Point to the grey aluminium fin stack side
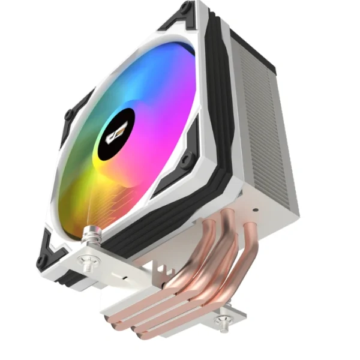click(267, 132)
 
